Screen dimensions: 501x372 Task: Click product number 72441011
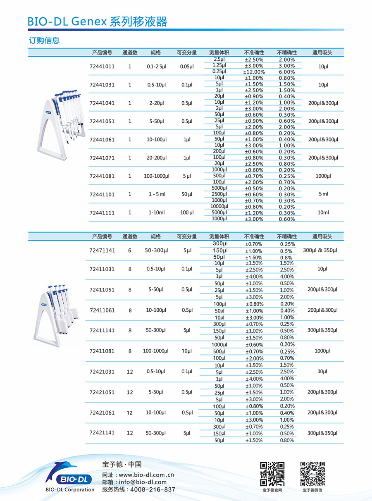point(102,66)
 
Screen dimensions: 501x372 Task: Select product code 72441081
point(102,176)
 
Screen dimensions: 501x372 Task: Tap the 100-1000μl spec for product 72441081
point(157,176)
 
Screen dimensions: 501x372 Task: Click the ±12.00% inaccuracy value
point(254,72)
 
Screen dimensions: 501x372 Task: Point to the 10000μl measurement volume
point(219,206)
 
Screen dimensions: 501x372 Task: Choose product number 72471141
point(102,250)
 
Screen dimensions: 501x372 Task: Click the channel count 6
point(130,250)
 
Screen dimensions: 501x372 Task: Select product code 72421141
point(102,433)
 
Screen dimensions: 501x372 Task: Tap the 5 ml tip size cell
point(323,194)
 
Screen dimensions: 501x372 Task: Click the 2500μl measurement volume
point(219,194)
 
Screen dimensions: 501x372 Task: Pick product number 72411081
point(102,351)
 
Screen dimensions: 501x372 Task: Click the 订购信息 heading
point(44,41)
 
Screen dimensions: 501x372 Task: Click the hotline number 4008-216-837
point(153,489)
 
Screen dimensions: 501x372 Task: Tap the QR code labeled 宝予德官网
point(272,474)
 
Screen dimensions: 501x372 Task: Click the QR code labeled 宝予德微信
point(312,474)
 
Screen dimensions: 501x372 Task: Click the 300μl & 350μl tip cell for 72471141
point(320,250)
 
